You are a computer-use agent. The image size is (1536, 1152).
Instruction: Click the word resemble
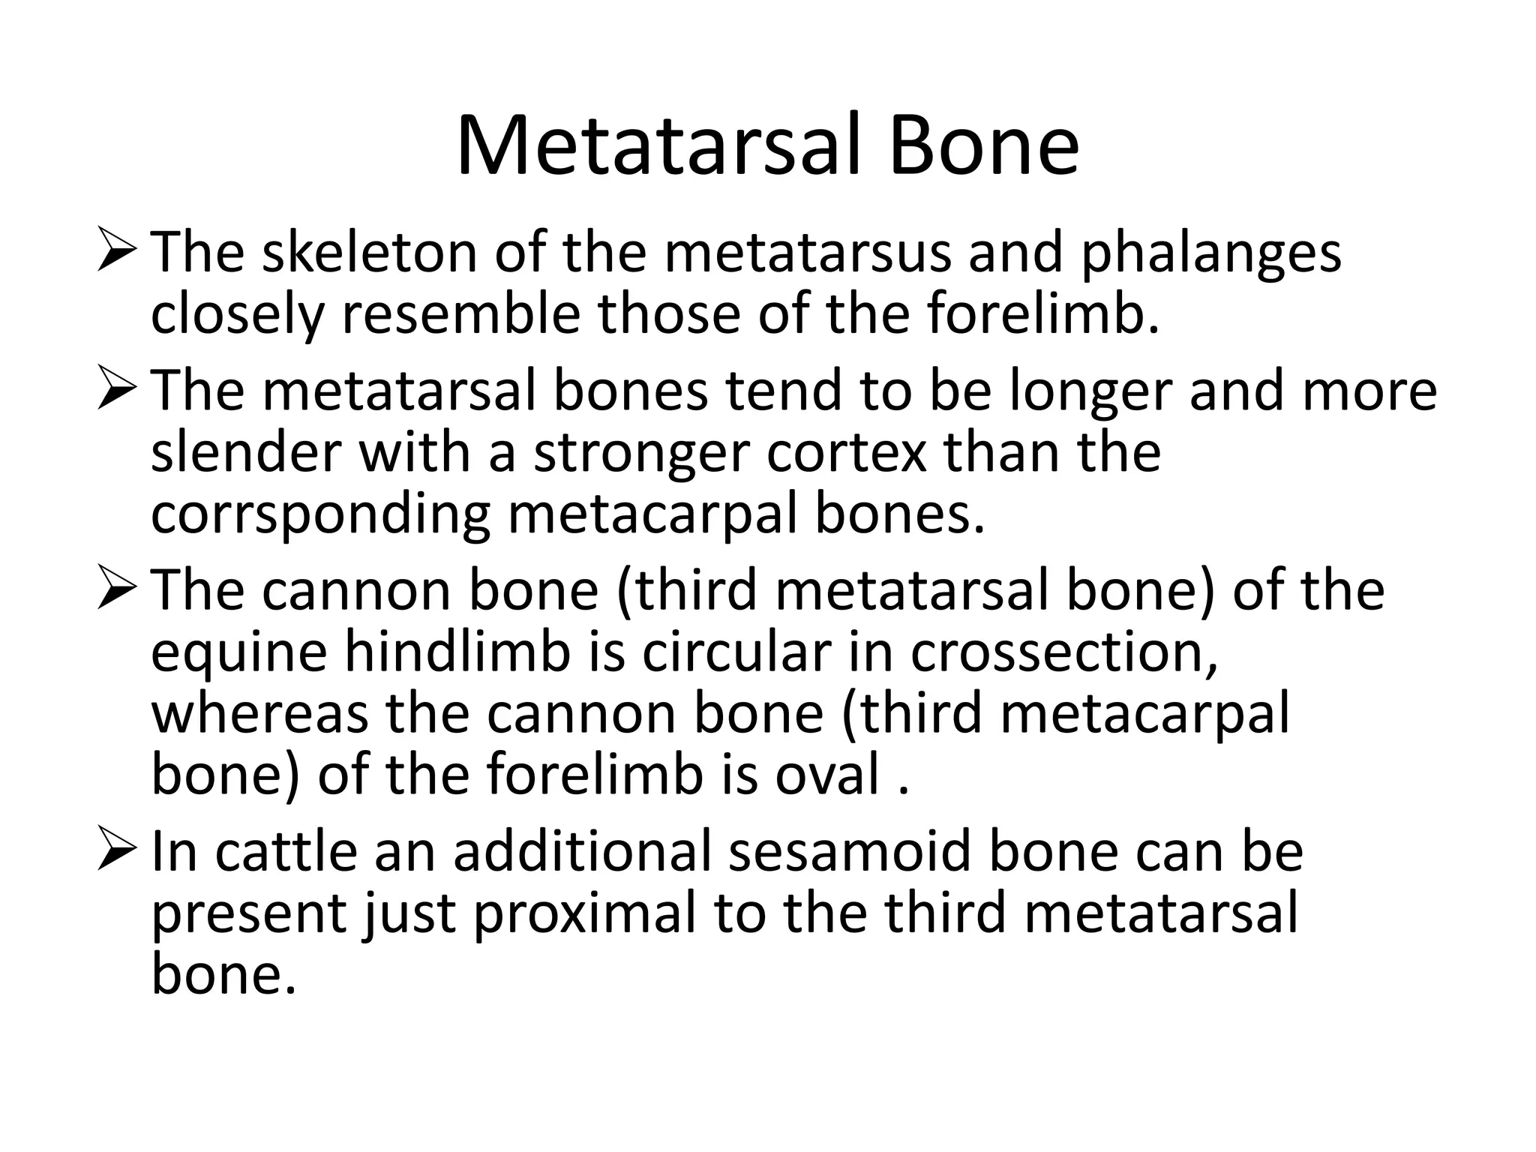[461, 315]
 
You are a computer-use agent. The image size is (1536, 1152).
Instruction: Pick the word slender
[246, 452]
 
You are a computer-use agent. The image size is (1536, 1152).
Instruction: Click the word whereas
[259, 714]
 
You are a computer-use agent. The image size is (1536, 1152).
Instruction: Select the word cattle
[286, 853]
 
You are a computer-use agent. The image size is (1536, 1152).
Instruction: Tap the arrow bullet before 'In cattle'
[118, 854]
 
